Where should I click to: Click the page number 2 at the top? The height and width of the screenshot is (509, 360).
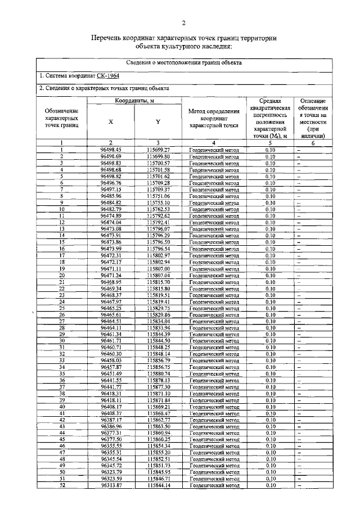pos(183,23)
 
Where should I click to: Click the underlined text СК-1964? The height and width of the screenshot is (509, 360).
pos(107,75)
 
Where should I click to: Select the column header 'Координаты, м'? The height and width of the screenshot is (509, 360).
pos(135,100)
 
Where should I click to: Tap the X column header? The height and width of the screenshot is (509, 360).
pos(111,121)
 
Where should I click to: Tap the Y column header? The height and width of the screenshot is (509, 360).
pos(158,121)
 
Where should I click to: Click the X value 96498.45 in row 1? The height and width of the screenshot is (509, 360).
pos(111,150)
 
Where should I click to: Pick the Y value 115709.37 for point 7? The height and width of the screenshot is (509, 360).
pos(158,190)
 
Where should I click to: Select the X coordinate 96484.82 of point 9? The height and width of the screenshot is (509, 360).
pos(111,202)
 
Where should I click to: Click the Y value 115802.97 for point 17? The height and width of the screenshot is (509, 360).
pos(158,255)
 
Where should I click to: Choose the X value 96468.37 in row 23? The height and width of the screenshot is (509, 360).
pos(111,295)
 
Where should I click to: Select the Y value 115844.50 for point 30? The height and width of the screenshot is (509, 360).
pos(158,341)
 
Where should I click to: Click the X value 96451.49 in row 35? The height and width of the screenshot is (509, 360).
pos(111,373)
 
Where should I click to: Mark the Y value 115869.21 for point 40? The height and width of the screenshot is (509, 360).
pos(158,407)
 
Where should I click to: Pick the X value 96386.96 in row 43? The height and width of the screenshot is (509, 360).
pos(111,426)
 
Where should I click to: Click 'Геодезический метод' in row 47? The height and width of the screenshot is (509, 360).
pos(214,453)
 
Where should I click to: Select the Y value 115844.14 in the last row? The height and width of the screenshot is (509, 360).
pos(158,485)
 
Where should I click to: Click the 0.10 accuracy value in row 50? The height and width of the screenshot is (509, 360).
pos(270,472)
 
